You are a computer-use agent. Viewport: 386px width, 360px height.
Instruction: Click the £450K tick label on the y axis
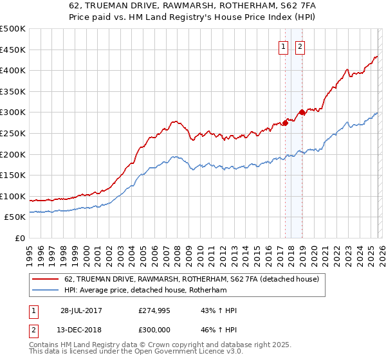tap(13, 50)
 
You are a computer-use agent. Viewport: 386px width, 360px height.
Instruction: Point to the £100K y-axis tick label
tap(13, 196)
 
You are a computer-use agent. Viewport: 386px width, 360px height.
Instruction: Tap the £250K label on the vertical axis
tap(13, 133)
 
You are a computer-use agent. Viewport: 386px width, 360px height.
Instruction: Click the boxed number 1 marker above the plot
tap(283, 46)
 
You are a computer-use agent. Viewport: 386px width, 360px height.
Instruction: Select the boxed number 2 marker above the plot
tap(300, 46)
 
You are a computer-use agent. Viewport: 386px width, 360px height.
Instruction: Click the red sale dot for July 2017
tap(284, 122)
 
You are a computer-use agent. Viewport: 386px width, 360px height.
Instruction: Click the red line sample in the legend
tap(45, 279)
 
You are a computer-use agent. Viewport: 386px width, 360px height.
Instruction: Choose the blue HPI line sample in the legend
tap(45, 289)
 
